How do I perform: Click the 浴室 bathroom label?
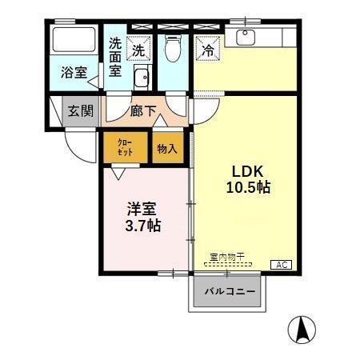(74, 73)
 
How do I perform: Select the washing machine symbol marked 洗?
(140, 49)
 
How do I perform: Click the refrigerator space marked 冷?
(207, 48)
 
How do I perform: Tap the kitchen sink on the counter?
(246, 36)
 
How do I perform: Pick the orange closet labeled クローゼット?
(125, 147)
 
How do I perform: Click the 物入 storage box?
(167, 148)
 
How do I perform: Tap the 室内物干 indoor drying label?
(227, 257)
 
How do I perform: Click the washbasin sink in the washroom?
(142, 78)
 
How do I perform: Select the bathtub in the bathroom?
(74, 42)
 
